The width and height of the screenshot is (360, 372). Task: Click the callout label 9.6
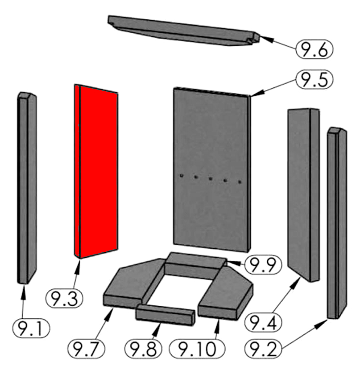315,49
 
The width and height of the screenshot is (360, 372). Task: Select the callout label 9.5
315,80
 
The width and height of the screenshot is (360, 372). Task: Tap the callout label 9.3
64,298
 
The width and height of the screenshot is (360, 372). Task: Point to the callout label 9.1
31,329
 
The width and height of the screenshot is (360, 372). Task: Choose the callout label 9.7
86,349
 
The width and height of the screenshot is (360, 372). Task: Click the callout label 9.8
144,349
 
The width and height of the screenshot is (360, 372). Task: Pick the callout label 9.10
197,349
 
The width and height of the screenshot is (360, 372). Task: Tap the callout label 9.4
263,322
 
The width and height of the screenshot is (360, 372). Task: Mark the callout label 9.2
263,349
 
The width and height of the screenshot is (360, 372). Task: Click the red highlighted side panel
96,171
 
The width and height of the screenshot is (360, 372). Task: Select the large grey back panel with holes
212,170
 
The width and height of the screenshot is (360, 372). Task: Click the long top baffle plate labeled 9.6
184,30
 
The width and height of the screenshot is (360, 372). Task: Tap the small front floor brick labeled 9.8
165,315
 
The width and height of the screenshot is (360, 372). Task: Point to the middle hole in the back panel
210,178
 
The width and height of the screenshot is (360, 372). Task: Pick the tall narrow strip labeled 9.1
27,188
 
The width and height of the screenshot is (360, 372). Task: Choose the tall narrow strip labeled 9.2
337,223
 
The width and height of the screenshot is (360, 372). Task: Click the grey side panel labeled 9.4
303,195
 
